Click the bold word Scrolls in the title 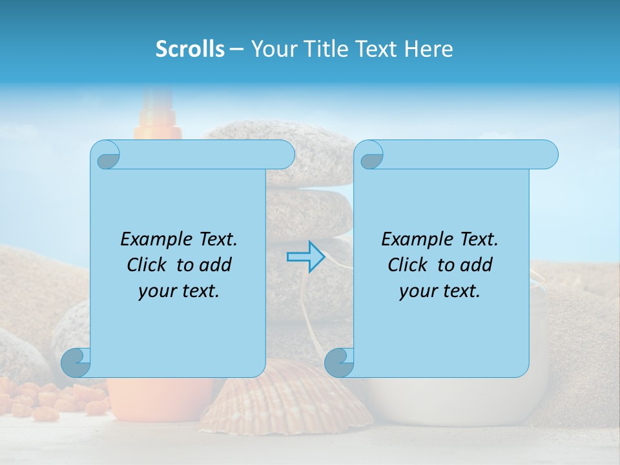[x=190, y=49]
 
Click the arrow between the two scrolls [x=305, y=257]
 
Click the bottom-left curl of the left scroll [x=76, y=362]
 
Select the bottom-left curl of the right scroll [x=340, y=362]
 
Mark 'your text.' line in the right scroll [x=440, y=291]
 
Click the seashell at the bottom [x=291, y=400]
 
